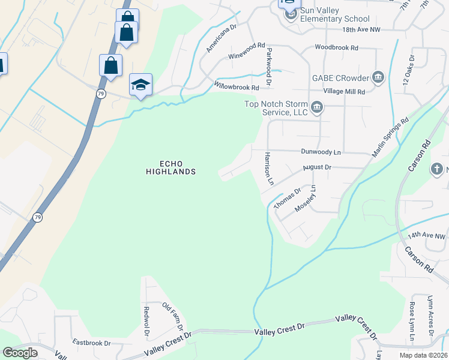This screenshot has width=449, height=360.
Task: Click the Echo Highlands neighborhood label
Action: point(170,167)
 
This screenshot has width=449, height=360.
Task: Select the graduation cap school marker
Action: point(140,85)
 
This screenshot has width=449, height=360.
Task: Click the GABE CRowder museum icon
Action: point(378,77)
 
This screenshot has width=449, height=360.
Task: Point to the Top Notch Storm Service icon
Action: point(318,108)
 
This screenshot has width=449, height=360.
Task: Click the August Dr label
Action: point(316,167)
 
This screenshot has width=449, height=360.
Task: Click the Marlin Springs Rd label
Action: point(390,137)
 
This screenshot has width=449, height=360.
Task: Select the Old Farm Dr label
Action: point(173,317)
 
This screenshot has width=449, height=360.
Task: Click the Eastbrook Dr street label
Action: point(91,343)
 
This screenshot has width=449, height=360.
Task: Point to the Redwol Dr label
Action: point(146,321)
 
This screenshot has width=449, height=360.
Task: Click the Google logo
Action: point(20,353)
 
